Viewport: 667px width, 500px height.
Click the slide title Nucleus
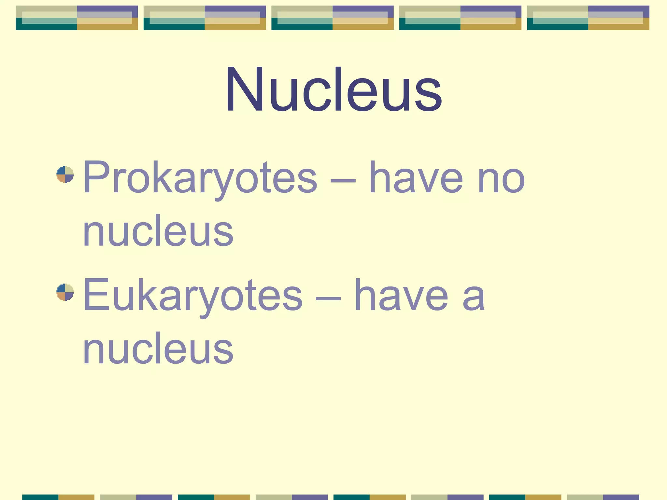(x=333, y=90)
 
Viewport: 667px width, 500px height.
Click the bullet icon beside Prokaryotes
(x=65, y=175)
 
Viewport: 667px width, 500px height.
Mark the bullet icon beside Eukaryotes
(x=65, y=292)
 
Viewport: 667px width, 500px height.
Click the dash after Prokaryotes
(x=343, y=181)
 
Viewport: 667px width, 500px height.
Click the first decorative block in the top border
(x=77, y=18)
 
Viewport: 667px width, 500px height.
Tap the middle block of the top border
(x=333, y=18)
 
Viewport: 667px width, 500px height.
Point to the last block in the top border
(x=588, y=18)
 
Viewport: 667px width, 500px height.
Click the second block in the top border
(x=205, y=18)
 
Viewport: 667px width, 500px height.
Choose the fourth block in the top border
(x=460, y=18)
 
